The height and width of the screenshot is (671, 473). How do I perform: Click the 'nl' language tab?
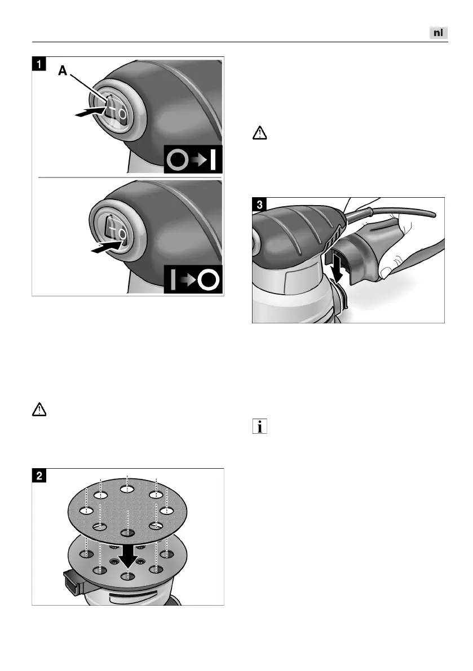click(x=439, y=33)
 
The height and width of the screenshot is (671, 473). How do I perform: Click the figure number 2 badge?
click(x=38, y=476)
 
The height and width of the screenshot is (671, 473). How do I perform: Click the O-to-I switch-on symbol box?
click(x=193, y=159)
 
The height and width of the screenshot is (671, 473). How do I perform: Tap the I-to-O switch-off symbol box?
click(x=193, y=279)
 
